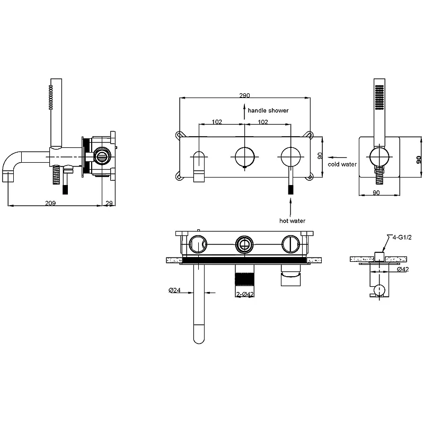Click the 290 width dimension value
coord(244,95)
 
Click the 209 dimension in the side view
coord(50,203)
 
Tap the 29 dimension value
coord(109,203)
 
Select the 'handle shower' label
coord(268,110)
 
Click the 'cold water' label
coord(342,164)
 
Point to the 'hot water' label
coord(293,220)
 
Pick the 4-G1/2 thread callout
coord(402,237)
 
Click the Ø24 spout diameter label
coord(174,290)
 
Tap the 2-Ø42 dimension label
coord(245,294)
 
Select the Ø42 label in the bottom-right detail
coord(403,269)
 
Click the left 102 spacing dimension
coord(217,122)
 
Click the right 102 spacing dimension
coord(263,122)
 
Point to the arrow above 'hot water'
coord(290,207)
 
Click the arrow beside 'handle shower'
coord(244,112)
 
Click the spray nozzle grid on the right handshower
coord(379,98)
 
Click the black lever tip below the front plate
coord(290,190)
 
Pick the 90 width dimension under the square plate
coord(376,192)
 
